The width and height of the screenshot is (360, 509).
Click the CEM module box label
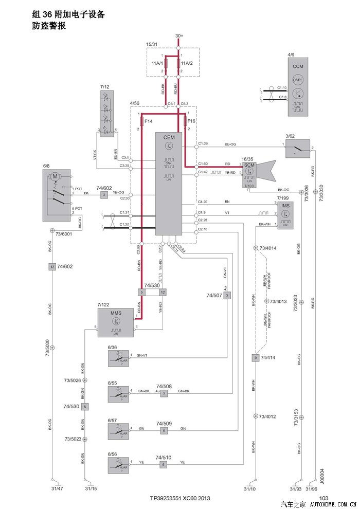pyautogui.click(x=169, y=137)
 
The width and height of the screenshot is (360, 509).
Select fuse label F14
pyautogui.click(x=149, y=121)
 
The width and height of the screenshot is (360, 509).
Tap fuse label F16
pyautogui.click(x=191, y=121)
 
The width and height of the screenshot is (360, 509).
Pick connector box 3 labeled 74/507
pyautogui.click(x=227, y=295)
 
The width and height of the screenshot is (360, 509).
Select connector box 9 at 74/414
pyautogui.click(x=255, y=357)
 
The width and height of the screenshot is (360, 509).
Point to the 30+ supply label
pyautogui.click(x=179, y=35)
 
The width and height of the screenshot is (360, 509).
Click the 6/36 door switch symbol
pyautogui.click(x=118, y=359)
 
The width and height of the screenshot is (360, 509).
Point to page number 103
pyautogui.click(x=323, y=498)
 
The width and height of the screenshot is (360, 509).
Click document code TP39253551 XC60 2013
pyautogui.click(x=180, y=498)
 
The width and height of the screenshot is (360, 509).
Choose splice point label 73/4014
pyautogui.click(x=268, y=248)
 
